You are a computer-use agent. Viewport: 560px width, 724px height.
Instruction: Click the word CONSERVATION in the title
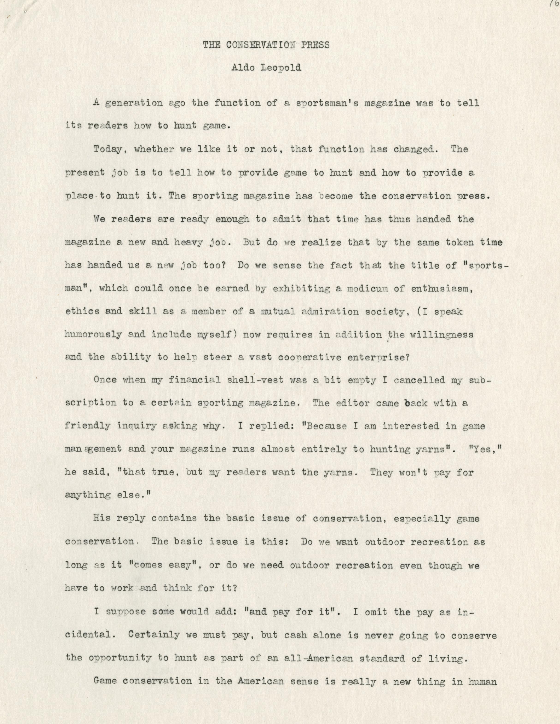click(256, 45)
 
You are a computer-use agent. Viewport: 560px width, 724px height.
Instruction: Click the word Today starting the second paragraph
click(107, 150)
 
